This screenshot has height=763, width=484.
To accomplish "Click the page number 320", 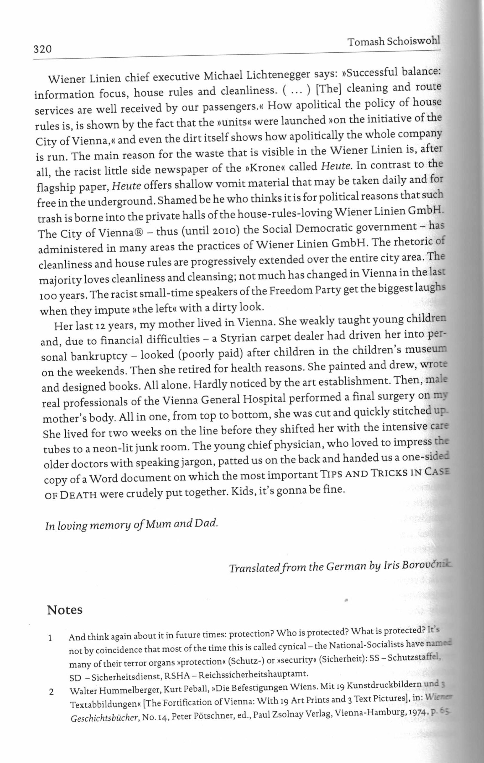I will (43, 49).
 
